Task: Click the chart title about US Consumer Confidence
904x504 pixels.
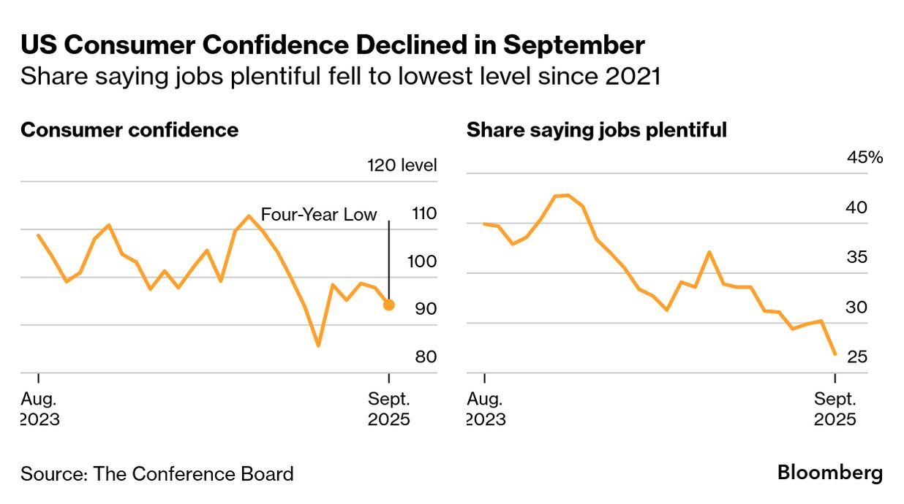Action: [x=332, y=45]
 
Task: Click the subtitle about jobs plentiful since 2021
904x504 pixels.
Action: [x=340, y=76]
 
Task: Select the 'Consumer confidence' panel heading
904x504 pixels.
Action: [x=129, y=130]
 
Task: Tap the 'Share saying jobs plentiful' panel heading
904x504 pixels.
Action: [x=597, y=130]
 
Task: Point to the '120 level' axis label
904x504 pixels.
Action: [x=402, y=165]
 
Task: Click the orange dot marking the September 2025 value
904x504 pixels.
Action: [x=389, y=305]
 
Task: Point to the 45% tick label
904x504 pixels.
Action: [x=865, y=158]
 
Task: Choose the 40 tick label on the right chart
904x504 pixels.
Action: [x=856, y=207]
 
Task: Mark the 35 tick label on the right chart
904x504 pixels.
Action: [x=856, y=257]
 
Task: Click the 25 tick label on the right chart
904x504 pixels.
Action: [x=856, y=357]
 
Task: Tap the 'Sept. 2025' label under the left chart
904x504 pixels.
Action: [x=389, y=410]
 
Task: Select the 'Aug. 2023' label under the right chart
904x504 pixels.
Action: [x=485, y=410]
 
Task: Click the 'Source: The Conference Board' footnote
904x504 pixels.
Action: [x=157, y=474]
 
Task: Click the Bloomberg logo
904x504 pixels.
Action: [x=830, y=473]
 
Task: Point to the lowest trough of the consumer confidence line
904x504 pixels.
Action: [x=318, y=345]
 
